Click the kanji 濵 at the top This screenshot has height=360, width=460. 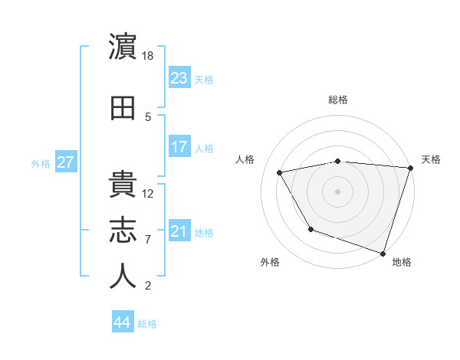coord(123,47)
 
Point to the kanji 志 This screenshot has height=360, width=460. coord(123,230)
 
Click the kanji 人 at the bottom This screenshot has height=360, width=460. coord(123,276)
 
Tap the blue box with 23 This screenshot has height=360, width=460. coord(179,78)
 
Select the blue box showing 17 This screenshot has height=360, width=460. coord(179,147)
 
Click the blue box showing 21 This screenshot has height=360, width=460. coord(179,232)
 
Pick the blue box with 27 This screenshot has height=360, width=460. coord(65,162)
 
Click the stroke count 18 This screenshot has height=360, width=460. coord(149,55)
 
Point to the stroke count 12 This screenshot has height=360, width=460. coord(149,193)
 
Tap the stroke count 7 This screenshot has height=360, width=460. coord(149,240)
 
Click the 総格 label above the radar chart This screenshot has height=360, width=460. coord(338,100)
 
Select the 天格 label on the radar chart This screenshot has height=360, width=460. coord(431,159)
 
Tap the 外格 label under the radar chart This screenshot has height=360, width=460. coord(270,262)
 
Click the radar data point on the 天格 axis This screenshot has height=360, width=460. coord(411,168)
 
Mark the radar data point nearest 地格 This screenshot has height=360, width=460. coord(383,253)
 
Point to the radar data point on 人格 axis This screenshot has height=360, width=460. coord(280,173)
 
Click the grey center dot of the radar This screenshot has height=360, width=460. coord(338,191)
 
